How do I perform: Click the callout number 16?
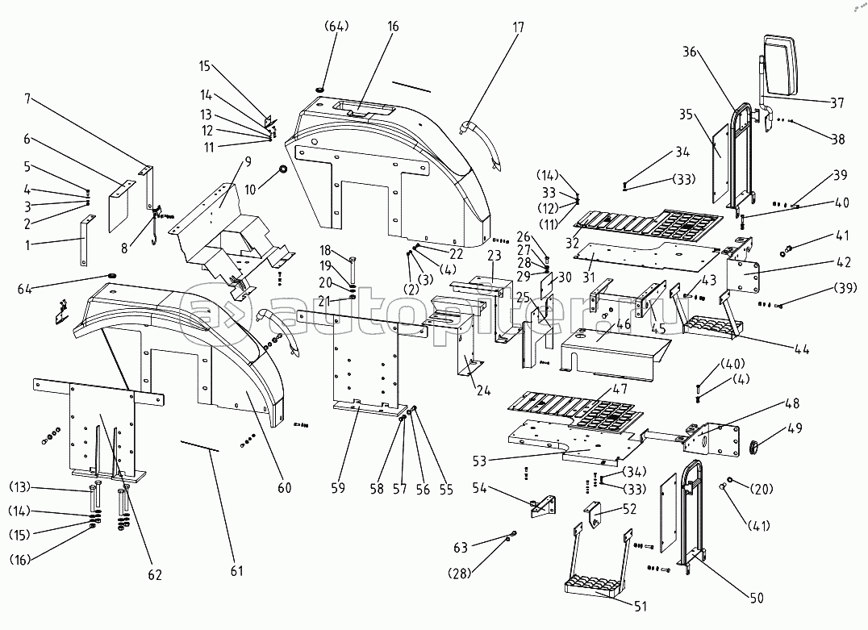click(393, 27)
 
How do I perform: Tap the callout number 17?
click(517, 27)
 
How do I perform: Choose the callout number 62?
click(154, 574)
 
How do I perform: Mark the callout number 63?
click(461, 549)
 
